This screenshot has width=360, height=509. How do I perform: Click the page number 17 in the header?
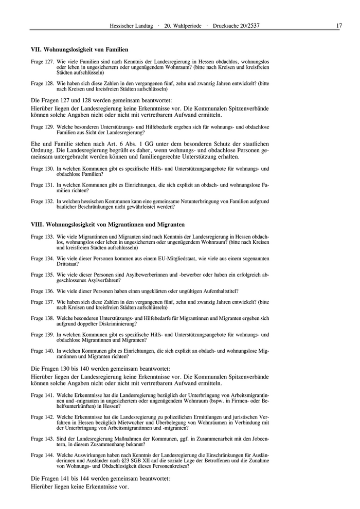(x=339, y=26)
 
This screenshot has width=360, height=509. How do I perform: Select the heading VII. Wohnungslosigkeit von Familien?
(x=79, y=50)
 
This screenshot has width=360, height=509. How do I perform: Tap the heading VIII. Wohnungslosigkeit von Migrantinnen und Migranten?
(x=107, y=225)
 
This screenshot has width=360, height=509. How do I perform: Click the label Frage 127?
(x=42, y=62)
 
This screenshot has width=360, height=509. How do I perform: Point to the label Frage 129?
(x=42, y=126)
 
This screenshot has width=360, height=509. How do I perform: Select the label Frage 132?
(x=42, y=201)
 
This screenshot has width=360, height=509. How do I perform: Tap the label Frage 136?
(x=42, y=291)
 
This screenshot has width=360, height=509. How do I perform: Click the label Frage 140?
(x=42, y=351)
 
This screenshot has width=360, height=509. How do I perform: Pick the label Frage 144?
(x=42, y=456)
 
